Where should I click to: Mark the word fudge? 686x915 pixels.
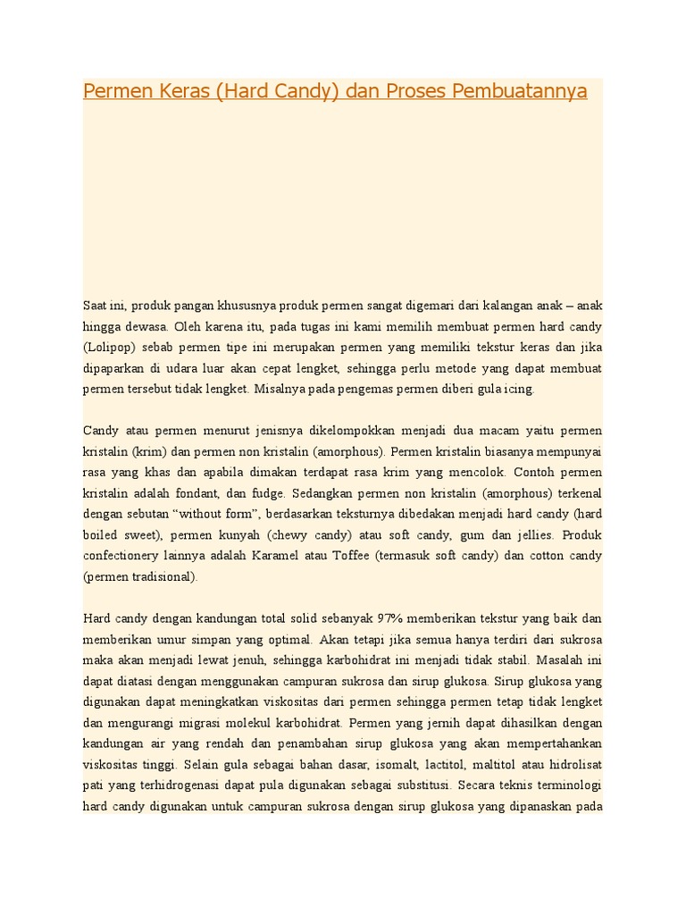click(x=289, y=492)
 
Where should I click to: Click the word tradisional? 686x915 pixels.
click(x=164, y=576)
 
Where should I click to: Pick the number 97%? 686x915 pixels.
click(x=391, y=618)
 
